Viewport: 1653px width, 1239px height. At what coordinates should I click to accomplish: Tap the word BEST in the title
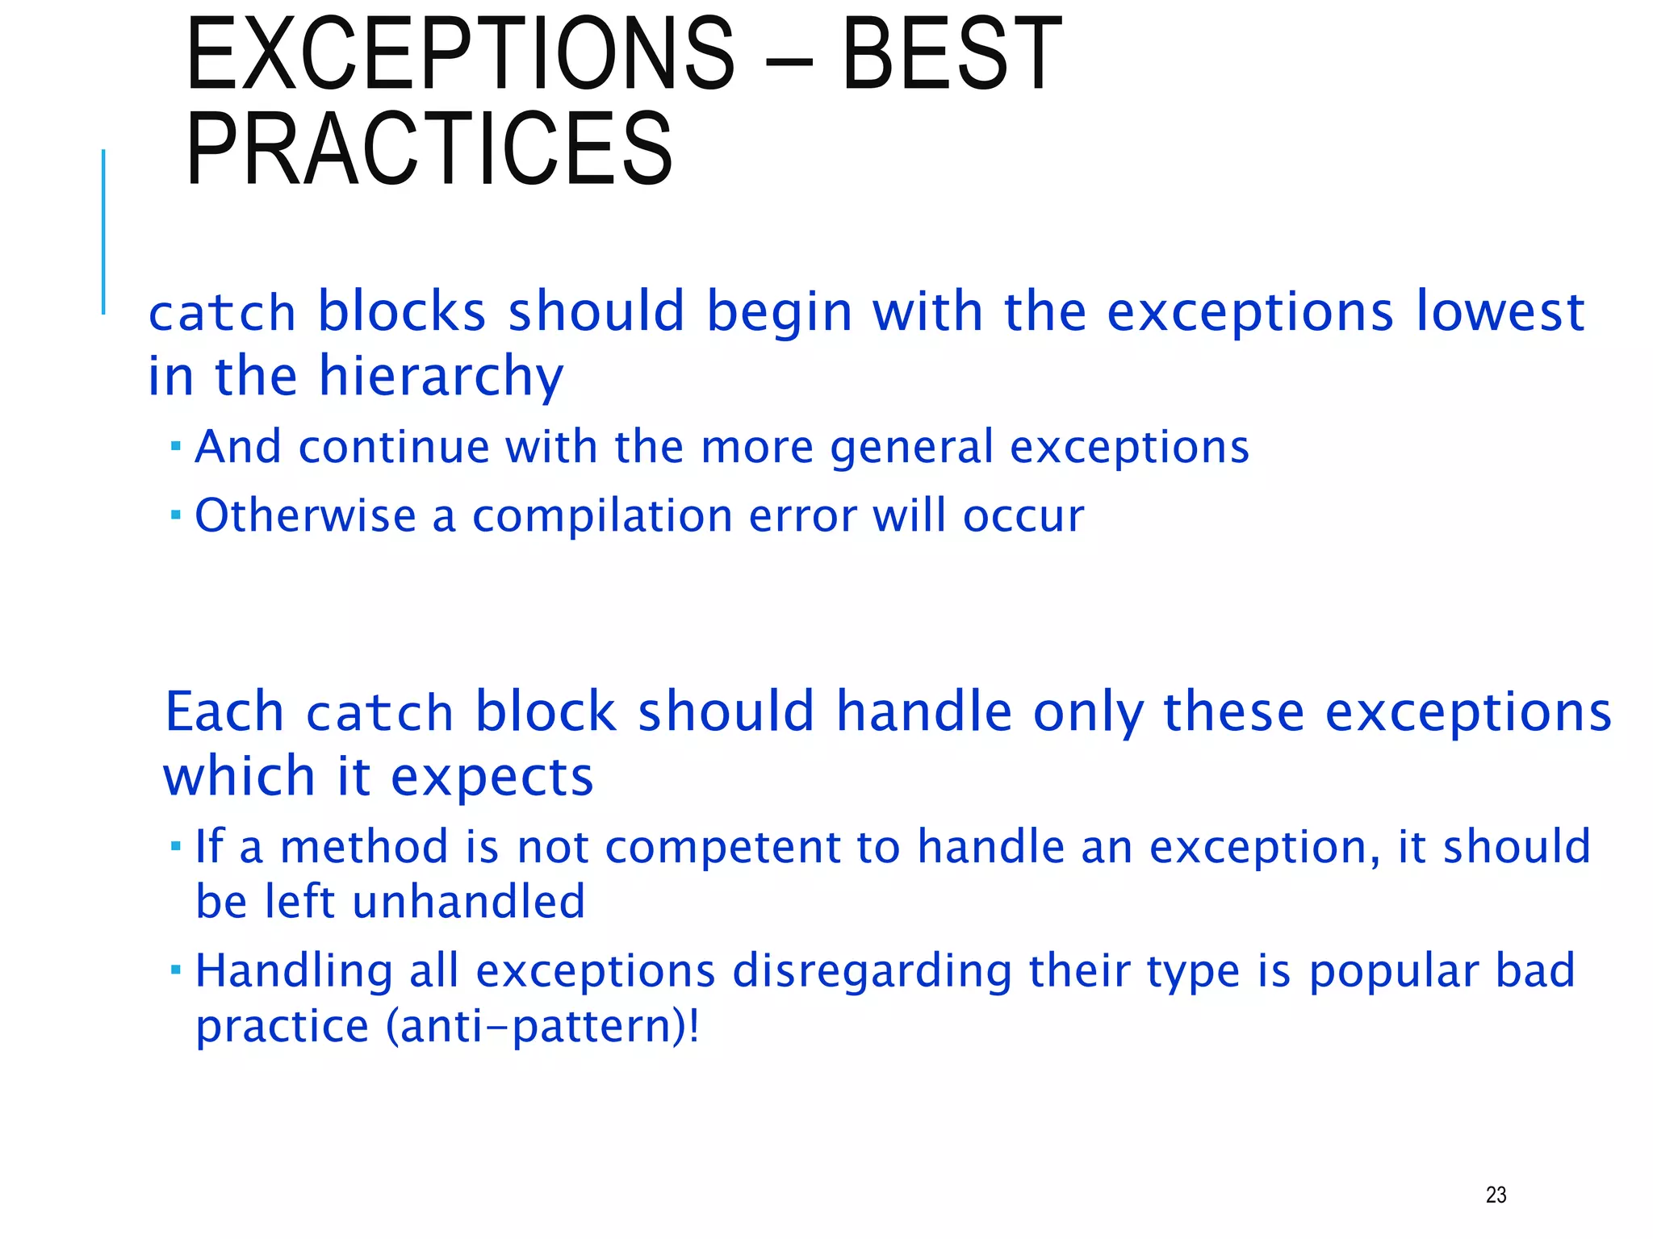point(952,55)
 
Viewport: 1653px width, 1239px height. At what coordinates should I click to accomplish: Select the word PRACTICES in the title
point(429,149)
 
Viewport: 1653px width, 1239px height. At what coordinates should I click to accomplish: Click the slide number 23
point(1496,1195)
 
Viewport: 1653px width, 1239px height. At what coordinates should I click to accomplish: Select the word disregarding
point(872,970)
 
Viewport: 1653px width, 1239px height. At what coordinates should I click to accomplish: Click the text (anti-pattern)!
point(543,1027)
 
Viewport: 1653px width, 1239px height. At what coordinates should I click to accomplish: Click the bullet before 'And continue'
point(176,445)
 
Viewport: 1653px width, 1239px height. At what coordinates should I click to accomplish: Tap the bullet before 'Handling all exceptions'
point(176,968)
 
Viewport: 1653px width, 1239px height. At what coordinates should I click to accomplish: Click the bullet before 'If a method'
point(176,845)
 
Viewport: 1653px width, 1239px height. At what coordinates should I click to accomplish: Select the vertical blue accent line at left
point(103,232)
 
